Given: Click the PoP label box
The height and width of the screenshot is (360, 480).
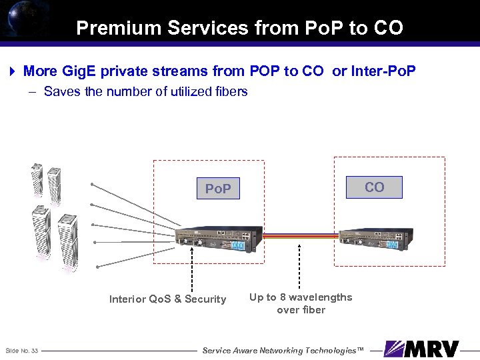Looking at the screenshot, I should (218, 189).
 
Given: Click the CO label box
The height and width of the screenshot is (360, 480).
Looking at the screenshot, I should (374, 187).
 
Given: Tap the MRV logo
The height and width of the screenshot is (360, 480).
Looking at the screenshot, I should (422, 349).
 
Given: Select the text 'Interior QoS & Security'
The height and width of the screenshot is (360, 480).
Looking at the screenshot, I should (167, 299).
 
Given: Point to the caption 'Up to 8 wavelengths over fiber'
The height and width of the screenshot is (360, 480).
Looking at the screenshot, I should (301, 303).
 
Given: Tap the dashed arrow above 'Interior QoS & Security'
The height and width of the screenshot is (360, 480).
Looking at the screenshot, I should (193, 267).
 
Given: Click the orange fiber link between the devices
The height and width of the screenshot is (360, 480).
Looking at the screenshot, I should (300, 235).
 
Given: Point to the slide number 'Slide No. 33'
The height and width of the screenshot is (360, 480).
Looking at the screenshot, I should (21, 351).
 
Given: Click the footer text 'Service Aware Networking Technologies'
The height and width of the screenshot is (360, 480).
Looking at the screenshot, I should (283, 350).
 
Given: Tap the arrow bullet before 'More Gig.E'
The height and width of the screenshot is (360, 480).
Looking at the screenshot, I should (13, 71).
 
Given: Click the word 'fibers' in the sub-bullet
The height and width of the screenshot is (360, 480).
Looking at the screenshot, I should (230, 92).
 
